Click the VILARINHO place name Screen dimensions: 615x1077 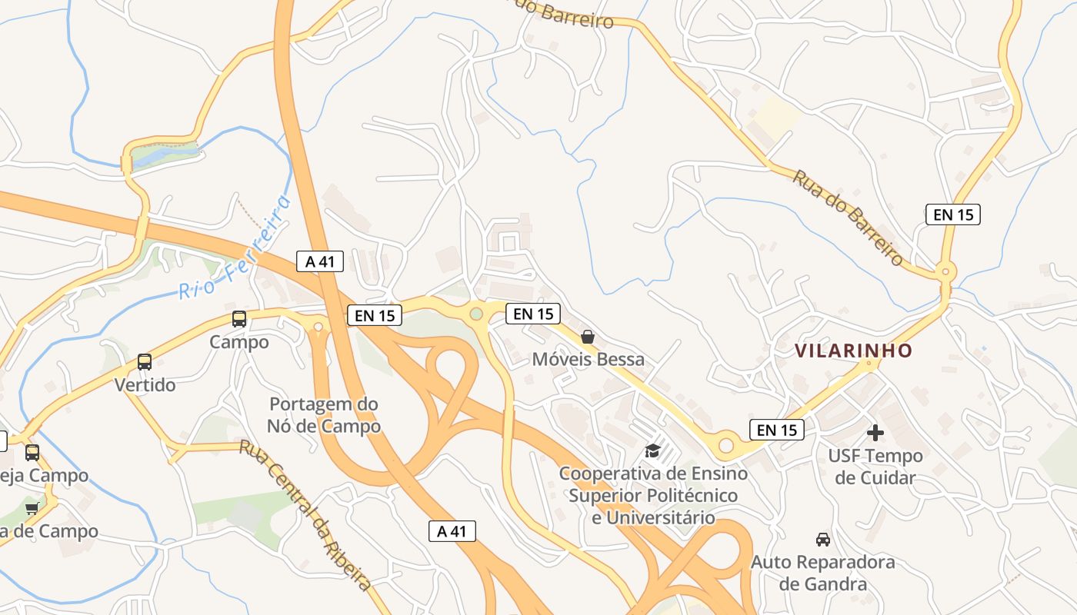tap(853, 351)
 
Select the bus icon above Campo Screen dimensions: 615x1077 tap(239, 319)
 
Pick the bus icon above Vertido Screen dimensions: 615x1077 tap(145, 361)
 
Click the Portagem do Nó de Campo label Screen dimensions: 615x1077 tap(324, 414)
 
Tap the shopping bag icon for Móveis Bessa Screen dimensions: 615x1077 tap(588, 337)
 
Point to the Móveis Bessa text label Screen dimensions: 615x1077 tap(589, 359)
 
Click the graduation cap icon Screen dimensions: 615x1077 tap(652, 450)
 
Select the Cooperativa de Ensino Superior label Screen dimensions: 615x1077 tap(652, 495)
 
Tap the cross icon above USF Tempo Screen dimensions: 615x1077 tap(875, 433)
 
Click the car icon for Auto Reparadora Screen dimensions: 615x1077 tap(822, 539)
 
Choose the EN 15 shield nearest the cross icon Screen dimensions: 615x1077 tap(777, 430)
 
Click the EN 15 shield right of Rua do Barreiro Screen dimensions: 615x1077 tap(953, 214)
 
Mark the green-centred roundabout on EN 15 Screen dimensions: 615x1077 tap(476, 314)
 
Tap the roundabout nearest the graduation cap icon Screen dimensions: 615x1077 tap(725, 444)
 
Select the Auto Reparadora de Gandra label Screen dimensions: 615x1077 tap(822, 573)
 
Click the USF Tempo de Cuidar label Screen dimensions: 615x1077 tap(875, 467)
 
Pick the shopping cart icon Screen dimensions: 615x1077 tap(32, 507)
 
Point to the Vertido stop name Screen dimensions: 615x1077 tap(145, 384)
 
